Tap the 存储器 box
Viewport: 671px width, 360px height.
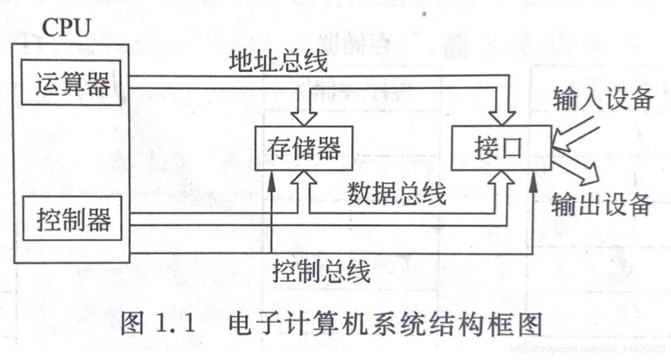click(303, 147)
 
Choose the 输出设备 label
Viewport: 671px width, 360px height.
click(601, 205)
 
